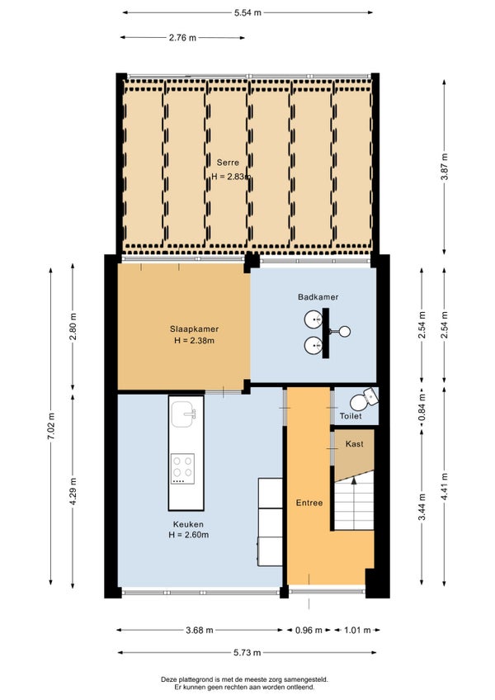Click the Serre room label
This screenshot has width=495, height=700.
[x=228, y=163]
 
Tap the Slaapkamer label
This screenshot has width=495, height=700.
[x=194, y=329]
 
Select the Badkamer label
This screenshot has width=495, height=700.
[x=318, y=297]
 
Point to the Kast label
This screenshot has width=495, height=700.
[x=355, y=444]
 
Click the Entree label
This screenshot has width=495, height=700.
[x=309, y=503]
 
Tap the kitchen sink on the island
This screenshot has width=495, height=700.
[x=184, y=414]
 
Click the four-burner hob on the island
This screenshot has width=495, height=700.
[x=183, y=469]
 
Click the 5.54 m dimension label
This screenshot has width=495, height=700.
[x=247, y=13]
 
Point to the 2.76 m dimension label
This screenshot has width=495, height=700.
[x=182, y=38]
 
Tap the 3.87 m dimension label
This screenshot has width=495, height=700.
[x=445, y=167]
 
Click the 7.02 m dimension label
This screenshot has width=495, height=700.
[x=51, y=426]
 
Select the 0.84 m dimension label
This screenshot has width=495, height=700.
[x=422, y=408]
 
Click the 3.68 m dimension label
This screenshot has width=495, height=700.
[x=200, y=631]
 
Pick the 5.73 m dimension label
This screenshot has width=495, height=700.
[x=247, y=653]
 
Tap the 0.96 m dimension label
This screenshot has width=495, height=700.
[x=309, y=631]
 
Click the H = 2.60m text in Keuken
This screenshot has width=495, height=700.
[x=189, y=535]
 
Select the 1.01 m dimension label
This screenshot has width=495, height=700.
[x=357, y=631]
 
